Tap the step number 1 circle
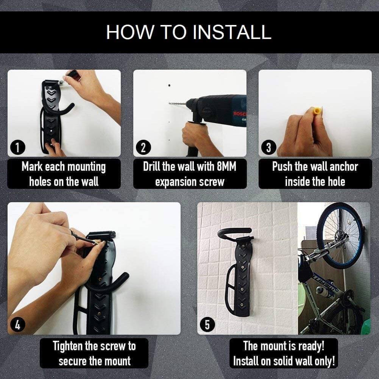click(x=18, y=147)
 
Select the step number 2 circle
click(x=143, y=147)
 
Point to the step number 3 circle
click(x=268, y=147)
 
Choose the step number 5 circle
click(x=207, y=324)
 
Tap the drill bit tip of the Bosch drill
click(x=170, y=103)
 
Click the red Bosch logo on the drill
click(x=239, y=114)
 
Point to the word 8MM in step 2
click(x=226, y=167)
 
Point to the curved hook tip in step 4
click(x=126, y=276)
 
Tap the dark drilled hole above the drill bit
click(x=170, y=85)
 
